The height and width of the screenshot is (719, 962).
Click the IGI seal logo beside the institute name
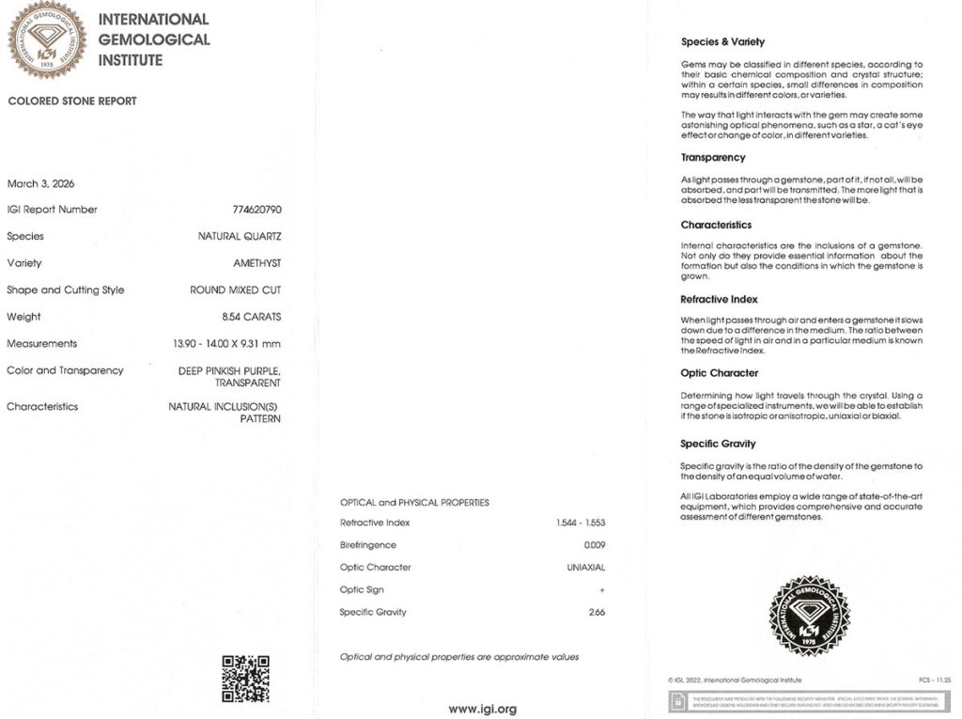point(47,39)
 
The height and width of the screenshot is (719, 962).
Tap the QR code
point(245,679)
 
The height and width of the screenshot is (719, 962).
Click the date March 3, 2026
point(40,183)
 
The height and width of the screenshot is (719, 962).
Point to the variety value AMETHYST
point(256,263)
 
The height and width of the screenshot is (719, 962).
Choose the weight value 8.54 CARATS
point(251,317)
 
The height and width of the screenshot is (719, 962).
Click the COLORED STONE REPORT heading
point(72,101)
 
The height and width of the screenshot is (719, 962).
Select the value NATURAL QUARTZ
point(240,237)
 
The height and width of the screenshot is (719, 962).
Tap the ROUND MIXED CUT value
point(235,290)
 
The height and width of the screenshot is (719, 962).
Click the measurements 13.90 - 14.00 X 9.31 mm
point(226,344)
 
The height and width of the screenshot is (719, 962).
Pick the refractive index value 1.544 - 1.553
point(581,523)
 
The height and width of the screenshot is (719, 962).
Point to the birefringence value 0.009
point(595,545)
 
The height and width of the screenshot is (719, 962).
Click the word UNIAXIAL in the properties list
point(586,568)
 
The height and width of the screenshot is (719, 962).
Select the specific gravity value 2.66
point(596,612)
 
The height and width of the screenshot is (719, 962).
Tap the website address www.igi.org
point(482,709)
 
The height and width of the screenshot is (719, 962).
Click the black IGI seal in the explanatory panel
point(809,616)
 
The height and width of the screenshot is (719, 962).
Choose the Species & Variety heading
point(722,42)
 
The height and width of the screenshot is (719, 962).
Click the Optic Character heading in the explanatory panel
point(719,373)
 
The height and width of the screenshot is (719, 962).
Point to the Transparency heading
point(713,158)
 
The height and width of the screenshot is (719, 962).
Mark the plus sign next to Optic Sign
point(602,590)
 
